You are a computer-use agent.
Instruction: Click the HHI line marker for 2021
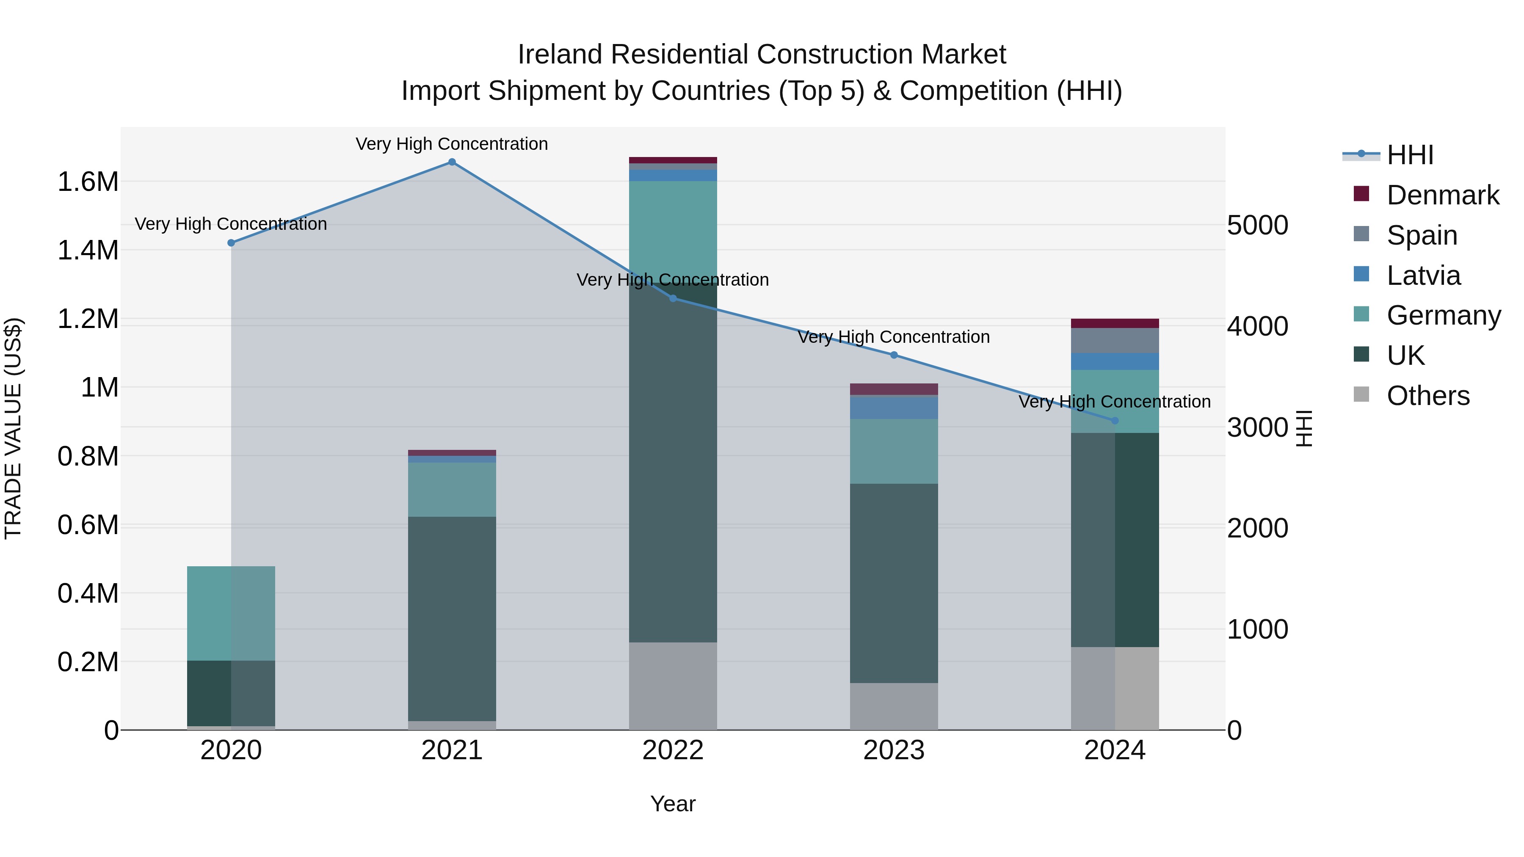pos(452,162)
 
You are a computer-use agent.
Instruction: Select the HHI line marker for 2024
pos(1115,421)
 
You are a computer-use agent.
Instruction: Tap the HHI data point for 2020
pos(231,243)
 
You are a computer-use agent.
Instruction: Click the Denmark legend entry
pos(1442,195)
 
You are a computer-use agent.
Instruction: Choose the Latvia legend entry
pos(1423,276)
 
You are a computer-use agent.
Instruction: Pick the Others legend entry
pos(1427,396)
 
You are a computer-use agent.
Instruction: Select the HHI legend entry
pos(1409,155)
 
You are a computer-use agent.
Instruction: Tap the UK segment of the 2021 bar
pos(452,618)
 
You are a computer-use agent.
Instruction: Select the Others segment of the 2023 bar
pos(893,706)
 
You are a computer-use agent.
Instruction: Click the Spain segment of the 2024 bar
pos(1115,341)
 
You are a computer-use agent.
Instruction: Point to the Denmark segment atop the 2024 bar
pos(1115,323)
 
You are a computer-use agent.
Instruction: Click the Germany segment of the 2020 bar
pos(231,613)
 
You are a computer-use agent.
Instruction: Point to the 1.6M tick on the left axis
pos(88,182)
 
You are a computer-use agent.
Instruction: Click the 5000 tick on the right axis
pos(1257,225)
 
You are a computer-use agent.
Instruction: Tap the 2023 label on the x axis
pos(893,750)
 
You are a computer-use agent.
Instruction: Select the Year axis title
pos(673,804)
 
